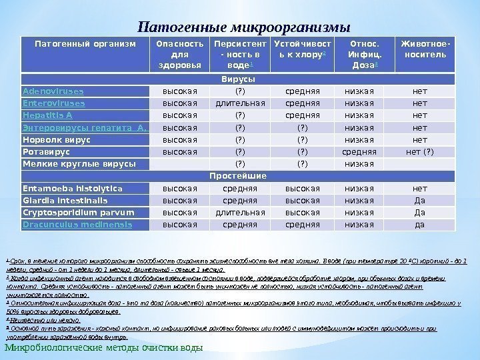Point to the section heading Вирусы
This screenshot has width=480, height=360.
click(x=243, y=79)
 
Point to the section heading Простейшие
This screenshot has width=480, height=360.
click(x=243, y=175)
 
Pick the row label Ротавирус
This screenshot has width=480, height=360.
click(x=48, y=151)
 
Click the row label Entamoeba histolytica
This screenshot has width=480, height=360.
click(x=73, y=188)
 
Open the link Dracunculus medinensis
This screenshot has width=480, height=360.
click(x=77, y=225)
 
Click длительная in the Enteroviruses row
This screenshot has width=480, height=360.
click(x=240, y=103)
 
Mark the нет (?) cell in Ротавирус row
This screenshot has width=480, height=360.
click(x=420, y=151)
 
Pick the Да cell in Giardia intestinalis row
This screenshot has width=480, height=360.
click(x=420, y=200)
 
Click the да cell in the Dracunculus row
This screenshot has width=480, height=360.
click(x=420, y=225)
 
